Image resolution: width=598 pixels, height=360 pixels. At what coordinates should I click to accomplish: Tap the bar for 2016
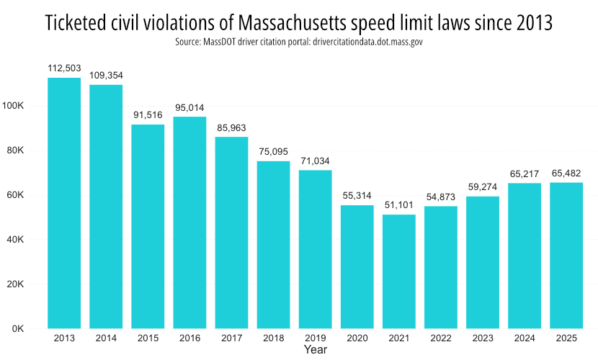[190, 222]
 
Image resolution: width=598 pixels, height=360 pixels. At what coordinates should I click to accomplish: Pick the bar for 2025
[566, 256]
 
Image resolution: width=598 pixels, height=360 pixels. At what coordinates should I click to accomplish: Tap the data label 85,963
[232, 127]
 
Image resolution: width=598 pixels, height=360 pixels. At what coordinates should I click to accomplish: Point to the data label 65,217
[525, 174]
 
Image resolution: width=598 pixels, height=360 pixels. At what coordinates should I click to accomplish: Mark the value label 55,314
[357, 196]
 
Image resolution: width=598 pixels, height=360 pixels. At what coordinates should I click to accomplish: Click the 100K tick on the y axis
[14, 106]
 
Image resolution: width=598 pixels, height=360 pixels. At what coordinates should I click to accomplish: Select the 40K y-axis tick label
[17, 240]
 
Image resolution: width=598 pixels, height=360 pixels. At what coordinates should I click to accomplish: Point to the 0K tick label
[19, 329]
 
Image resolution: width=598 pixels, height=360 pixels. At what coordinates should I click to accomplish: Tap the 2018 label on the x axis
[274, 338]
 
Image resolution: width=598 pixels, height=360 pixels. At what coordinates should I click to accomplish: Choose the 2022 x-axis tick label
[441, 338]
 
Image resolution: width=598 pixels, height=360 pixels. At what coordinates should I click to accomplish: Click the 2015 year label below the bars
[148, 338]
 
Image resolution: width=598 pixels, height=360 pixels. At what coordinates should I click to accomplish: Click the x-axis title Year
[315, 350]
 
